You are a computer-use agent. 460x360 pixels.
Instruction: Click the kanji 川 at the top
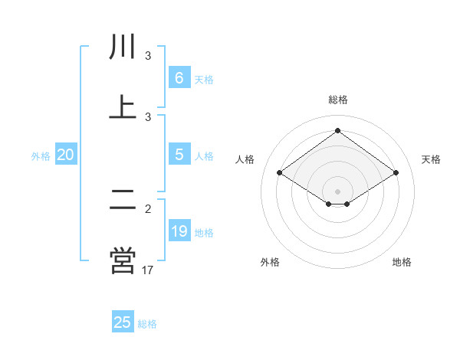(123, 47)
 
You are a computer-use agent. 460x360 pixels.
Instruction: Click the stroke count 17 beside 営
(148, 270)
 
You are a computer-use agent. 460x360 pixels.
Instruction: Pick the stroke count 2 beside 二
(148, 209)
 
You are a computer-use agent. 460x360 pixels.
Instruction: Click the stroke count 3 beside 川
(148, 56)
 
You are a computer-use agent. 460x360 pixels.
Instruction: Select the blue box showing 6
(179, 78)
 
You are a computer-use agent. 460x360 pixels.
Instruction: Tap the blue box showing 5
(179, 155)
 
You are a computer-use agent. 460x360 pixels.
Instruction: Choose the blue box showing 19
(179, 231)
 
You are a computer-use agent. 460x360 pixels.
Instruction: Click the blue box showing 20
(66, 155)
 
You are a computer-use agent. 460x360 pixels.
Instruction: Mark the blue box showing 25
(123, 322)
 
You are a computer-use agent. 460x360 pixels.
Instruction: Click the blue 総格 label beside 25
(147, 324)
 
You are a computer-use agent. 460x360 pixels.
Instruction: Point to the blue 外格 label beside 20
(41, 156)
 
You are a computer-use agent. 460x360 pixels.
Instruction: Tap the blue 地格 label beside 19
(204, 233)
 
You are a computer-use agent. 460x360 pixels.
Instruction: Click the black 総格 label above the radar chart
(338, 100)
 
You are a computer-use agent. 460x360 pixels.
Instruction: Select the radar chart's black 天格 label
(431, 159)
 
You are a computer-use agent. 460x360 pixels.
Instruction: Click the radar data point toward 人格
(280, 173)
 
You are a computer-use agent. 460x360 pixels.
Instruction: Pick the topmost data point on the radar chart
(338, 130)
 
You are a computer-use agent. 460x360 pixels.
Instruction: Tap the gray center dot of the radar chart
(338, 191)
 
